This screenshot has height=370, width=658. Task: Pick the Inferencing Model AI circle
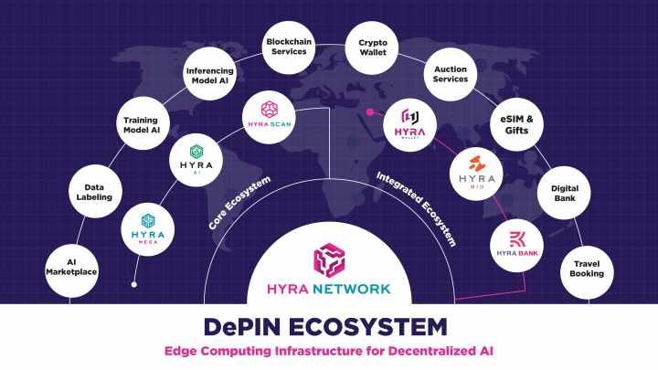[209, 74]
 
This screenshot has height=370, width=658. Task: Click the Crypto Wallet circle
[372, 47]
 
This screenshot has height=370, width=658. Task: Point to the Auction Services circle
[451, 73]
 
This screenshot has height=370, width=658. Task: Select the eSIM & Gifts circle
[516, 124]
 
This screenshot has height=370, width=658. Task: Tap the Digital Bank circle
[564, 193]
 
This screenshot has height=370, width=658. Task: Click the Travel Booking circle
[586, 268]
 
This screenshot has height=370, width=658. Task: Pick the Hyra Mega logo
[149, 228]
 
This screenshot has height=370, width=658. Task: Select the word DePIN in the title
[240, 326]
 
